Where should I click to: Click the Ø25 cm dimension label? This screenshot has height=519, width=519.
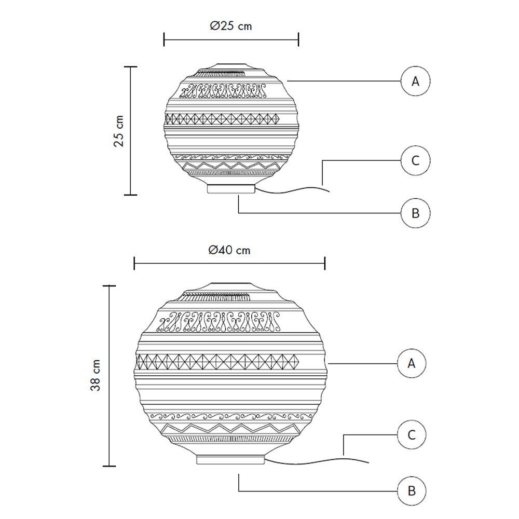(x=231, y=26)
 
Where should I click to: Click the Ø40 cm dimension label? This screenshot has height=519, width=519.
(x=229, y=250)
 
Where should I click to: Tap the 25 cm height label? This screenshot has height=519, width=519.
(x=118, y=131)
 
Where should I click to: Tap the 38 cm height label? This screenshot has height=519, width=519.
(x=95, y=375)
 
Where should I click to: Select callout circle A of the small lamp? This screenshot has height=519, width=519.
(x=415, y=81)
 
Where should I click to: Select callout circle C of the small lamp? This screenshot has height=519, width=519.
(x=415, y=160)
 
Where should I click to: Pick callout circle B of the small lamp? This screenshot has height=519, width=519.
(x=415, y=213)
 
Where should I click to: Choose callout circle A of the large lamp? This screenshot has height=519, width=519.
(x=412, y=363)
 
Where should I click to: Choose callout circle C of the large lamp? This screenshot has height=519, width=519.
(x=412, y=434)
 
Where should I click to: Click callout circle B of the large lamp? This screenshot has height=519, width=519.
(x=412, y=491)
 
